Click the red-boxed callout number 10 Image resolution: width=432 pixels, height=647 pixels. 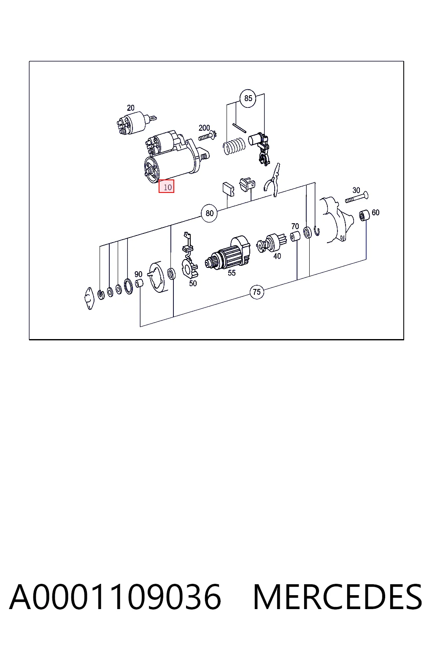[166, 186]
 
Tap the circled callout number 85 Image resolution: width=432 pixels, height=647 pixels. [248, 99]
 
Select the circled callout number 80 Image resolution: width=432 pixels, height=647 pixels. [209, 213]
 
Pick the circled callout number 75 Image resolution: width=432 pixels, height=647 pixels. [257, 292]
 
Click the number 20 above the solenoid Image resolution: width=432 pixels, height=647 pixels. [130, 108]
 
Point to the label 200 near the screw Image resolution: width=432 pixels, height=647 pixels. [204, 128]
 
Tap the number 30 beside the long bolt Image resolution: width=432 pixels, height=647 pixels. [356, 190]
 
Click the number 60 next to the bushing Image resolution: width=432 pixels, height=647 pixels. [375, 213]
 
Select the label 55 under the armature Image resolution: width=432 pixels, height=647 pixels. [232, 273]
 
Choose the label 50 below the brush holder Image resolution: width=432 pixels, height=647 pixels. [193, 283]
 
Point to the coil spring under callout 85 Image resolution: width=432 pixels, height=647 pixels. [234, 146]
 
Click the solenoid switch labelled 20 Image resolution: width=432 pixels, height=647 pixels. [135, 123]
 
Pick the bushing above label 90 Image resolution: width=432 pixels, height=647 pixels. [139, 283]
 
